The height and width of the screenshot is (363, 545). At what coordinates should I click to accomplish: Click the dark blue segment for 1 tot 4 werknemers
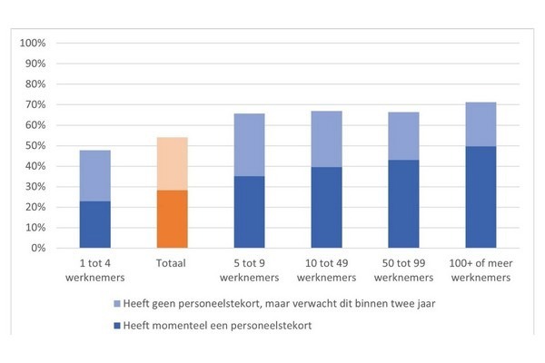pyautogui.click(x=95, y=224)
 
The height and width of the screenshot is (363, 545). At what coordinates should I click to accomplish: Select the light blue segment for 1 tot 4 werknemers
pyautogui.click(x=95, y=175)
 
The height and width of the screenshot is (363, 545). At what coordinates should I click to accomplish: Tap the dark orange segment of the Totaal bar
pyautogui.click(x=172, y=219)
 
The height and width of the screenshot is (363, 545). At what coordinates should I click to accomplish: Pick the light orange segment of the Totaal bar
pyautogui.click(x=172, y=163)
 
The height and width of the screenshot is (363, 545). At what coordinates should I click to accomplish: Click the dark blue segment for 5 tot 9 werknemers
pyautogui.click(x=249, y=211)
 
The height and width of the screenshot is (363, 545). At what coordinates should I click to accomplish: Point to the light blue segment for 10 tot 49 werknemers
pyautogui.click(x=325, y=139)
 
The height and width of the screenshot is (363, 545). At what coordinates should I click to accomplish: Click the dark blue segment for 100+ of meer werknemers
pyautogui.click(x=479, y=197)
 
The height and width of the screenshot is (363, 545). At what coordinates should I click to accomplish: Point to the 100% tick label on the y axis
pyautogui.click(x=32, y=44)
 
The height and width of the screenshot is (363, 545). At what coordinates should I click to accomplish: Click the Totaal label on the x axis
pyautogui.click(x=172, y=262)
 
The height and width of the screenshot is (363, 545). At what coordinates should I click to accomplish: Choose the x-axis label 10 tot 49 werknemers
pyautogui.click(x=325, y=269)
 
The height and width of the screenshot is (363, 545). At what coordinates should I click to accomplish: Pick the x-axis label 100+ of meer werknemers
pyautogui.click(x=479, y=269)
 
